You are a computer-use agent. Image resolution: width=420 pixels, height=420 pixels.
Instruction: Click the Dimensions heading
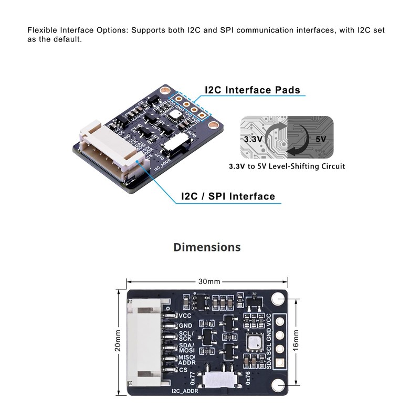[207, 247]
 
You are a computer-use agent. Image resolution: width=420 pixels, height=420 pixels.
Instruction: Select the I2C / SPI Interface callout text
[227, 196]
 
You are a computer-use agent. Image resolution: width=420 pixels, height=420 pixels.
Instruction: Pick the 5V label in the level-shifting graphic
[321, 140]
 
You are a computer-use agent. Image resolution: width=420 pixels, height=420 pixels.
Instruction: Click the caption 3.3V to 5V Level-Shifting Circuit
[287, 166]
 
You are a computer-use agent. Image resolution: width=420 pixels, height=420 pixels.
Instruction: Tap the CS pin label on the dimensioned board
[183, 370]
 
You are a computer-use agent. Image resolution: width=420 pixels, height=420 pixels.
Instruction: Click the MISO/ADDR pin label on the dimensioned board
[187, 359]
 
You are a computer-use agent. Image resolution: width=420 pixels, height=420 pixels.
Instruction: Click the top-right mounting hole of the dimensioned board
[278, 299]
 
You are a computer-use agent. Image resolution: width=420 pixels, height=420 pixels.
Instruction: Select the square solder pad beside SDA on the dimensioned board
[279, 362]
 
